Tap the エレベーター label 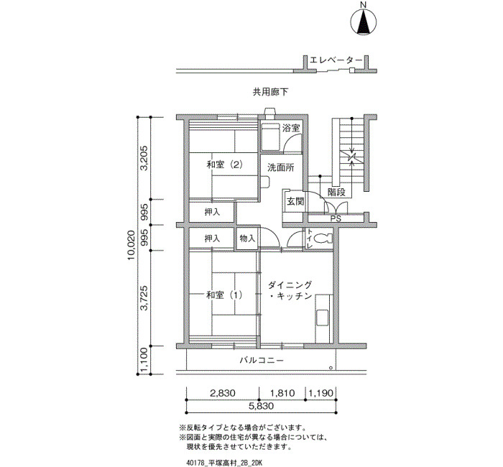click(332, 60)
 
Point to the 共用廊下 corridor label click(270, 93)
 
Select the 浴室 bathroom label click(290, 129)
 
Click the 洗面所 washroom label click(280, 167)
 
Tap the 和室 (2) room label click(224, 165)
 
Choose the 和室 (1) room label click(224, 295)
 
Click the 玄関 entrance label click(295, 201)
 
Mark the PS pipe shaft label click(335, 218)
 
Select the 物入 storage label click(246, 238)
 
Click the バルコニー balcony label click(262, 360)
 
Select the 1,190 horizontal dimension click(320, 394)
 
